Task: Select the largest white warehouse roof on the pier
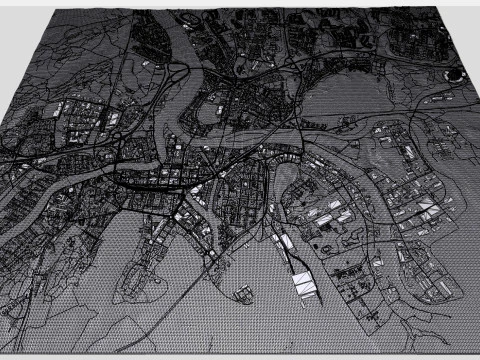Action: (304, 284)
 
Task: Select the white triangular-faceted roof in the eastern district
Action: (426, 208)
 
